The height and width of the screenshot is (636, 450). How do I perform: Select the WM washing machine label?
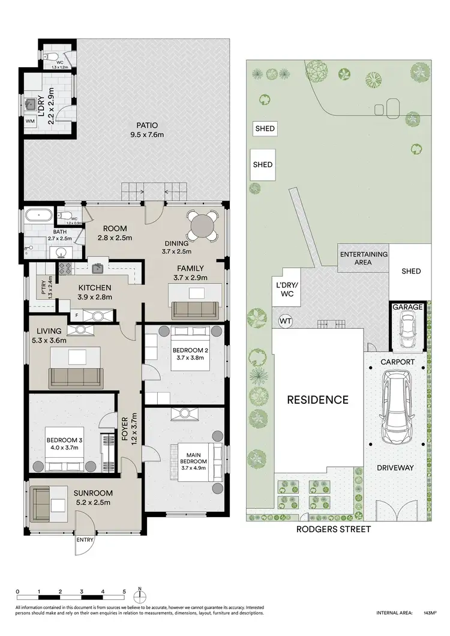pos(31,121)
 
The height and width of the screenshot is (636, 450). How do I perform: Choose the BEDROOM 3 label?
pos(65,443)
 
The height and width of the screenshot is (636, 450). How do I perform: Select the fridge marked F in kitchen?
pos(76,316)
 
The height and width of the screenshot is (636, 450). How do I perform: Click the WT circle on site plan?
pos(286,321)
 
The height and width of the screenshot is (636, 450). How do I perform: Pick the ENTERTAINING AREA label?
pos(364,258)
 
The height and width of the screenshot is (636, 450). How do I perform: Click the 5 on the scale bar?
pos(124,592)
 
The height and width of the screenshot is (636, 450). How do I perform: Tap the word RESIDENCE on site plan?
pos(317,400)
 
